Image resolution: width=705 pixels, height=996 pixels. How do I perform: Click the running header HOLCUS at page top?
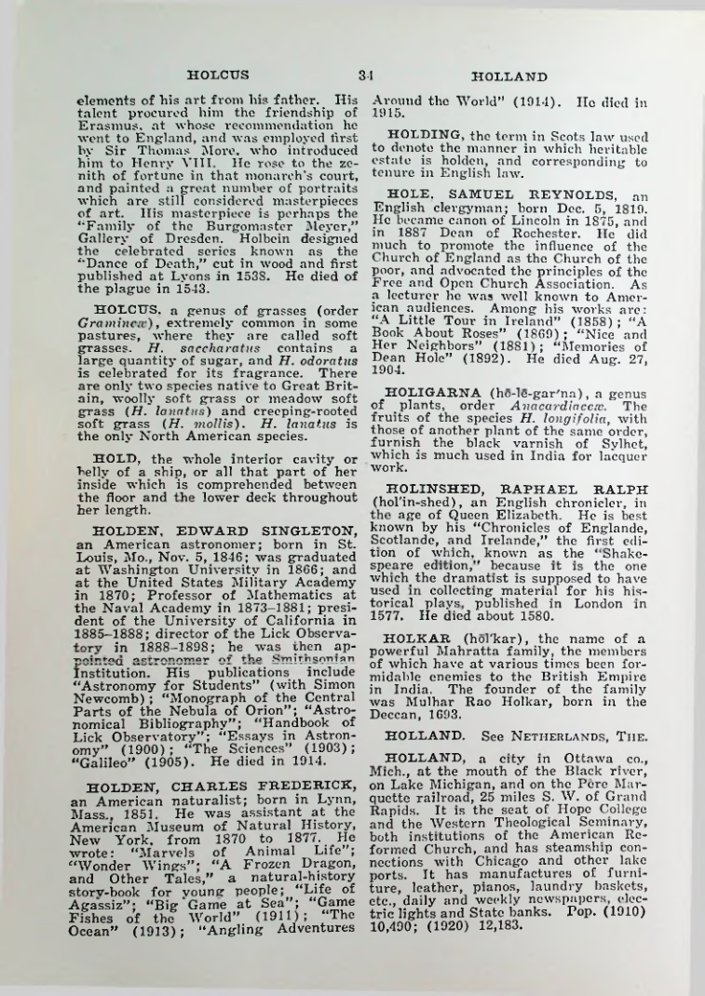[x=218, y=76]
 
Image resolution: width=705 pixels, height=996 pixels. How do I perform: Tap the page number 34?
[x=364, y=76]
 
